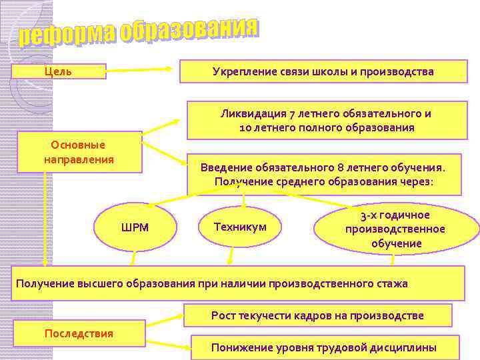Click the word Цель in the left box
[x=58, y=71]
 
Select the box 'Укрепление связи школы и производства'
[x=323, y=71]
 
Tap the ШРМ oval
[x=135, y=228]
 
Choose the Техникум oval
[x=240, y=227]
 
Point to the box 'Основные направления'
[x=79, y=153]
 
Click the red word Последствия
[x=79, y=333]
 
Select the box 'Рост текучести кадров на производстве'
[x=317, y=315]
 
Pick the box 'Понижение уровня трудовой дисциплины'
[x=324, y=347]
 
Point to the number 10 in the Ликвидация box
[x=245, y=127]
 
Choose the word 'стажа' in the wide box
[x=393, y=283]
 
